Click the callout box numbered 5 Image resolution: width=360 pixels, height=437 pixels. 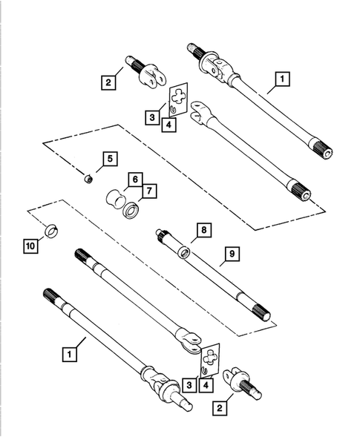click(109, 158)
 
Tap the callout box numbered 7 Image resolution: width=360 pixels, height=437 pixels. click(149, 191)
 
